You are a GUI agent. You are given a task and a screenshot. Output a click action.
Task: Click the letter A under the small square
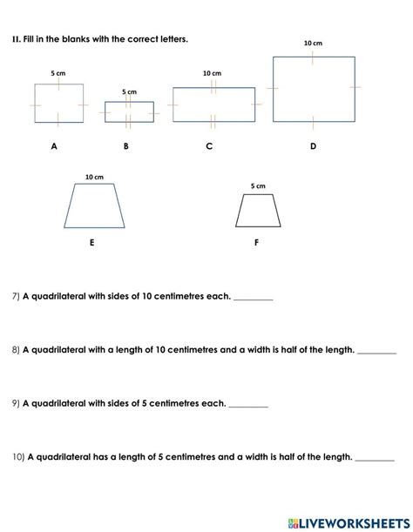click(x=54, y=146)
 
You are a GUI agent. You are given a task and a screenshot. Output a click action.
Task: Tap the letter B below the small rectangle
click(x=125, y=146)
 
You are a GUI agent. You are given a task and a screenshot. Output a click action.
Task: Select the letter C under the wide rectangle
click(x=209, y=146)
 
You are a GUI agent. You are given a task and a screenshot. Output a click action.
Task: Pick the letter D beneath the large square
click(x=314, y=146)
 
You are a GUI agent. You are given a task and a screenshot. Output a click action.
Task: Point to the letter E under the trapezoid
click(x=91, y=243)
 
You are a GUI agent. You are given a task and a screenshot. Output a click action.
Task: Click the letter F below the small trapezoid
click(x=256, y=243)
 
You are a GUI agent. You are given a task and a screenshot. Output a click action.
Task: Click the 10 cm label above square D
click(x=313, y=43)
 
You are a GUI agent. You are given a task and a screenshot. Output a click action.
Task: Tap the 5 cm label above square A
click(x=58, y=73)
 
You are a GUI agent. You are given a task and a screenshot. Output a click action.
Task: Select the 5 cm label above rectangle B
click(x=129, y=91)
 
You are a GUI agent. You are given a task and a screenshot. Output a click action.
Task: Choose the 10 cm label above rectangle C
click(x=212, y=74)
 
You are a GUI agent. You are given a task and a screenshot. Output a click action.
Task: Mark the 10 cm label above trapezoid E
click(x=94, y=177)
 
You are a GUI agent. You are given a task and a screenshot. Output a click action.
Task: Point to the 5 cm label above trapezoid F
click(x=258, y=185)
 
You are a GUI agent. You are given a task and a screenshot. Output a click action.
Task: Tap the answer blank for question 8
click(x=376, y=351)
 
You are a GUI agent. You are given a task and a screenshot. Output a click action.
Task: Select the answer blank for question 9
click(x=248, y=404)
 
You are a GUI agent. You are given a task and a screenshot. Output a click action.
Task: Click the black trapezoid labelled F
click(x=258, y=211)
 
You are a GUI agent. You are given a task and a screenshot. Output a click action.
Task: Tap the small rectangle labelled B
click(x=129, y=111)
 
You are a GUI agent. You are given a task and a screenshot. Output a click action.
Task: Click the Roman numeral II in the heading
click(x=15, y=38)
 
